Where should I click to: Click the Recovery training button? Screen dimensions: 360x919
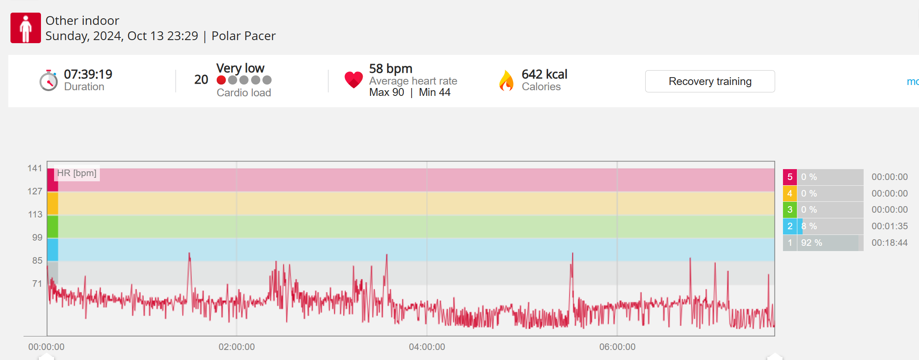click(x=710, y=82)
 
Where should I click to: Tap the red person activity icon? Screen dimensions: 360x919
click(x=26, y=28)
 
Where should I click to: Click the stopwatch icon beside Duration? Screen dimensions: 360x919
click(x=48, y=81)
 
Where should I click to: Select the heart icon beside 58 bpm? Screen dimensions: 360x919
click(x=353, y=80)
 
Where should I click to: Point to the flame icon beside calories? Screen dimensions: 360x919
click(x=506, y=81)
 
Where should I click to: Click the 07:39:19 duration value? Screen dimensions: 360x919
click(x=88, y=75)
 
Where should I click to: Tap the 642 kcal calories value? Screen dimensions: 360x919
click(x=545, y=75)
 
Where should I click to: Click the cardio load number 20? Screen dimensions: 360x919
click(x=201, y=80)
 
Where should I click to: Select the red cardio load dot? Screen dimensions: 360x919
click(x=221, y=80)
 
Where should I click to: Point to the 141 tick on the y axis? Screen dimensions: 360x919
click(x=35, y=168)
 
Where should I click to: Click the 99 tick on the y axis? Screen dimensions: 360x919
click(x=37, y=238)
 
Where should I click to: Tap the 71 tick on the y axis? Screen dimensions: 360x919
click(x=37, y=284)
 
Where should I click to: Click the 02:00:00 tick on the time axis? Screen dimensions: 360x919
click(x=237, y=347)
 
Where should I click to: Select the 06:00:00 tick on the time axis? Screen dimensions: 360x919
click(x=617, y=347)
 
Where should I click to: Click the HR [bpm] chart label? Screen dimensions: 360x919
click(x=77, y=173)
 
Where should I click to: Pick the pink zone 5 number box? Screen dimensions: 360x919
click(x=790, y=177)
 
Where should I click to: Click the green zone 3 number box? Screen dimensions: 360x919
click(x=790, y=210)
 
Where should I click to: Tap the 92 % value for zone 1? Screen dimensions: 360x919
click(x=811, y=243)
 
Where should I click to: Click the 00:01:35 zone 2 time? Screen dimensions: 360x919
click(x=889, y=226)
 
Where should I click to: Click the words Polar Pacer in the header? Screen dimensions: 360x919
click(x=243, y=36)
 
